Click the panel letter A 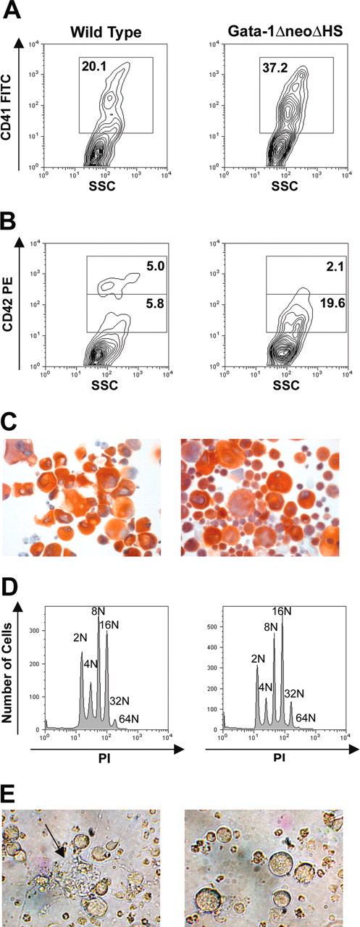13,12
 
